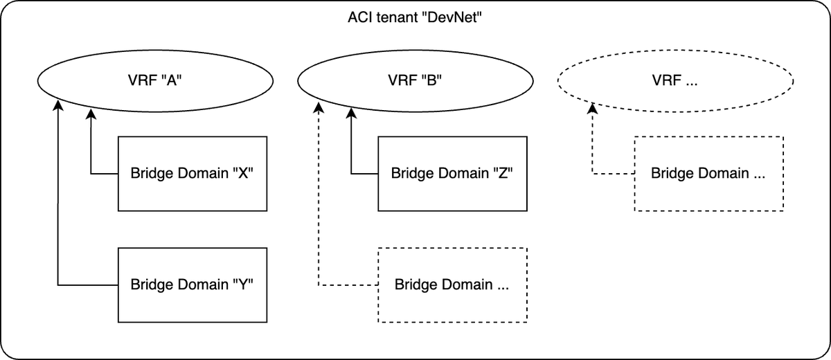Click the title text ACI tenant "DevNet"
(x=415, y=18)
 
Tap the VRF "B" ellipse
(x=415, y=80)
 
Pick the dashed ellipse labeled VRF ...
(x=675, y=80)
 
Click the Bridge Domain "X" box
(x=193, y=173)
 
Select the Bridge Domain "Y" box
(x=193, y=285)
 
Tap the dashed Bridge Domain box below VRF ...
(x=708, y=173)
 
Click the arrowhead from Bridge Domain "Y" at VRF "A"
(x=59, y=106)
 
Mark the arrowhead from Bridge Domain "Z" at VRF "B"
(x=351, y=112)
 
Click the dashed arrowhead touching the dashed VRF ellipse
(x=592, y=109)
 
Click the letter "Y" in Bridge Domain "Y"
(x=247, y=285)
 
